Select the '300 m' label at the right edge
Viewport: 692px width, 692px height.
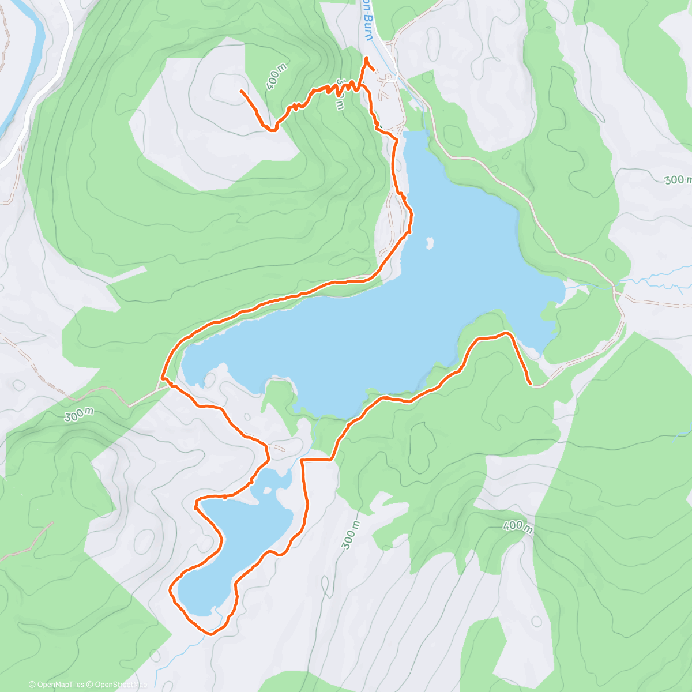pyautogui.click(x=677, y=180)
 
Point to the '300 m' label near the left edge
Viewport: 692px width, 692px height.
pyautogui.click(x=79, y=415)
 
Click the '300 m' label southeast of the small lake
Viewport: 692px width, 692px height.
pyautogui.click(x=351, y=535)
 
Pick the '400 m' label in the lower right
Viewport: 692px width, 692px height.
pyautogui.click(x=517, y=526)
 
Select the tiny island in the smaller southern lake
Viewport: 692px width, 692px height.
pyautogui.click(x=267, y=491)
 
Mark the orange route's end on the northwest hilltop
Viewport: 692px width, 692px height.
pyautogui.click(x=240, y=91)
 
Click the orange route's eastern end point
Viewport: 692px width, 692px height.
pyautogui.click(x=530, y=382)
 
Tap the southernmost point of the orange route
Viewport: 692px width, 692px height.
pyautogui.click(x=210, y=634)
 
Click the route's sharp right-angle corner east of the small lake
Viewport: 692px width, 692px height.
pyautogui.click(x=303, y=460)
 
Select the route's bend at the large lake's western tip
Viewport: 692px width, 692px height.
pyautogui.click(x=163, y=378)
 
